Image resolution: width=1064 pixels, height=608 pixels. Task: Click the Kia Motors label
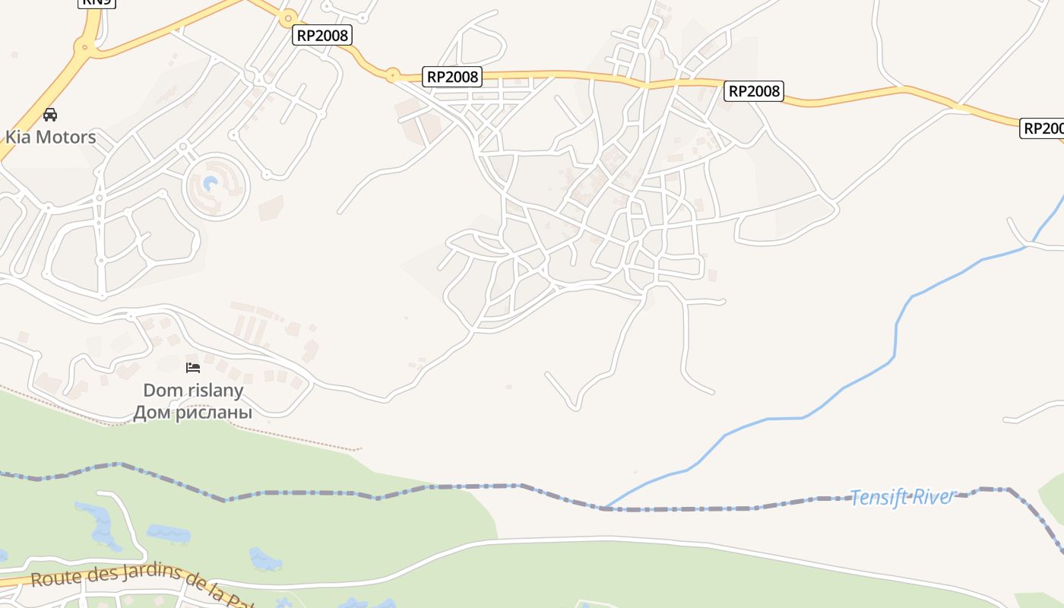(51, 137)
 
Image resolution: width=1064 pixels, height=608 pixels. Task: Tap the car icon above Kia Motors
(50, 115)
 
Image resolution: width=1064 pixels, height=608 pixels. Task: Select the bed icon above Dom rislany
(193, 368)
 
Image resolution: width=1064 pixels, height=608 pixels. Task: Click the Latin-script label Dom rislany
(193, 391)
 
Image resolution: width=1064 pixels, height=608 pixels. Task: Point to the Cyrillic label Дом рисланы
(192, 413)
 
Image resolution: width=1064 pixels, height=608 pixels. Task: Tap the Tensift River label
(903, 497)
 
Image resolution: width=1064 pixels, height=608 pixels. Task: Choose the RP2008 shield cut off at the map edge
(1042, 128)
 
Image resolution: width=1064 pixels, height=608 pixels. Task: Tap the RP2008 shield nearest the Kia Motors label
(322, 35)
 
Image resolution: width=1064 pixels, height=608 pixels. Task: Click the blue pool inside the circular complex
(211, 183)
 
